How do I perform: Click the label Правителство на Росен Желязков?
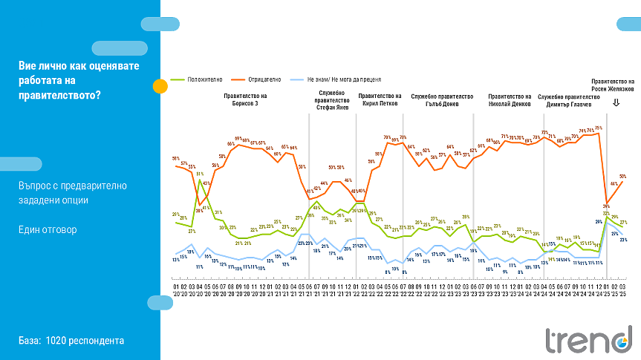[613, 85]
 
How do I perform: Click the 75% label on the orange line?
[598, 128]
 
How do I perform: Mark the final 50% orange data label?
[623, 176]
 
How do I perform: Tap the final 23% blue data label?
[623, 239]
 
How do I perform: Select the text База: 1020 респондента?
[71, 341]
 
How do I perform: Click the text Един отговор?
[48, 229]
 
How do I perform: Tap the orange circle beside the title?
[160, 86]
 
